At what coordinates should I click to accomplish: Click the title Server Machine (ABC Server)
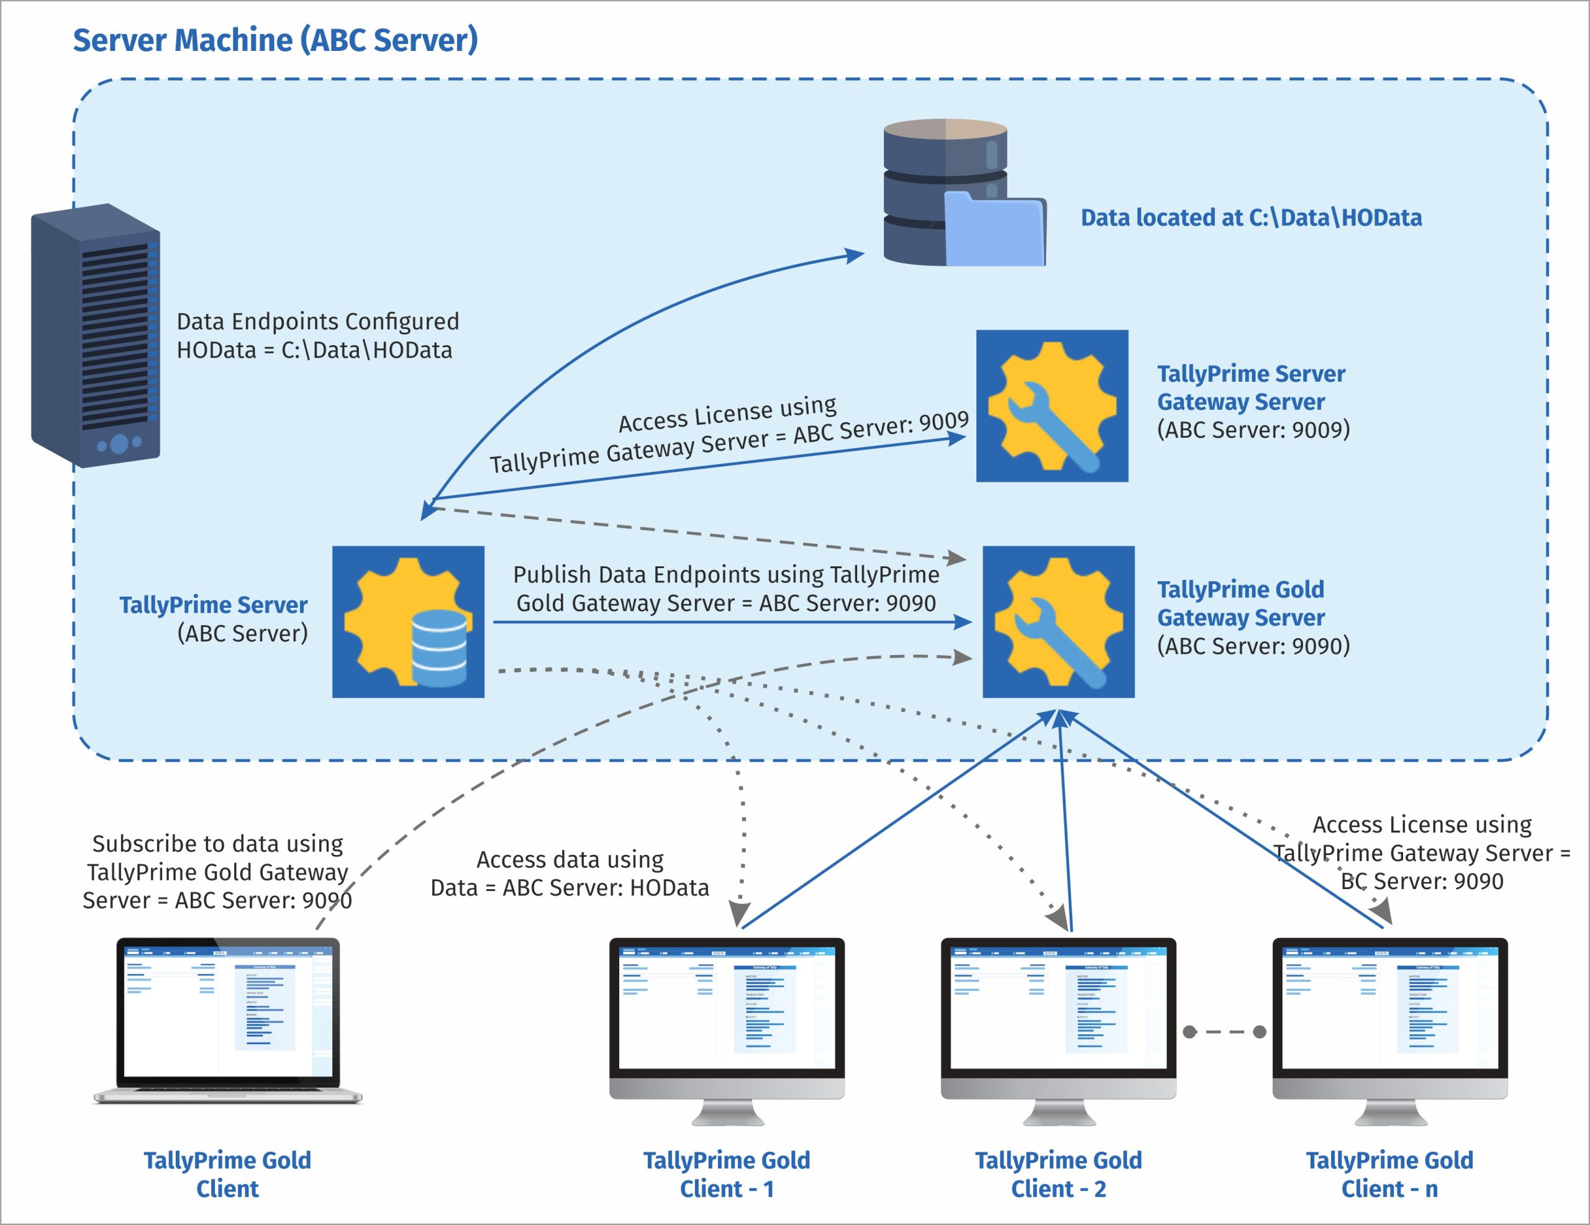pyautogui.click(x=275, y=40)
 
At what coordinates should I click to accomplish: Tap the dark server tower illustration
pyautogui.click(x=96, y=335)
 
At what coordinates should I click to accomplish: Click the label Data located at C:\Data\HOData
pyautogui.click(x=1251, y=218)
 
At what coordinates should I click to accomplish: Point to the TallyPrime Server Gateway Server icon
pyautogui.click(x=1052, y=406)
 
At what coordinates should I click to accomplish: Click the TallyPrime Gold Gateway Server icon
pyautogui.click(x=1058, y=622)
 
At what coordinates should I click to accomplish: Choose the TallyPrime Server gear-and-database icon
pyautogui.click(x=409, y=622)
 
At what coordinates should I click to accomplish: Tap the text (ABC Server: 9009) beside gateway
pyautogui.click(x=1253, y=430)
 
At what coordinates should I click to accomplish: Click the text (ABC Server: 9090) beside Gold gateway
pyautogui.click(x=1253, y=646)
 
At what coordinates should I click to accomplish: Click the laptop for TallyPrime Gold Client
pyautogui.click(x=228, y=1019)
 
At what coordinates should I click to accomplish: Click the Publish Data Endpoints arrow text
pyautogui.click(x=726, y=589)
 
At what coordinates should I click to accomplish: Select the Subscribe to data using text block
pyautogui.click(x=217, y=872)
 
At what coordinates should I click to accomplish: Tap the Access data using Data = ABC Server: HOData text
pyautogui.click(x=570, y=874)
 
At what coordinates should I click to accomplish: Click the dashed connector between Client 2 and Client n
pyautogui.click(x=1225, y=1032)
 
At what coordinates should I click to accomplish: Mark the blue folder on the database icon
pyautogui.click(x=994, y=229)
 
